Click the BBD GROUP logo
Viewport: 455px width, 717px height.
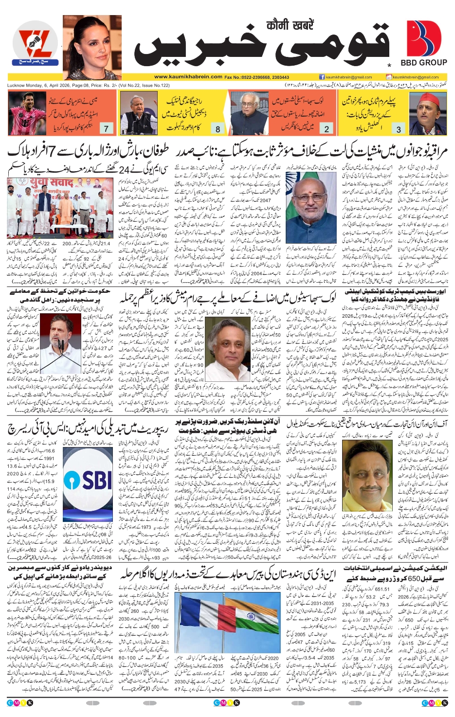coord(423,44)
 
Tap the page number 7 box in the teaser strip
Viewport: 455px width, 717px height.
coord(106,128)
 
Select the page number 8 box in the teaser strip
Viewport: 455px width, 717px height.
coord(218,128)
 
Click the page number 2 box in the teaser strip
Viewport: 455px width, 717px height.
coord(327,128)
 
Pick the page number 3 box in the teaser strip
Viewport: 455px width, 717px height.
coord(399,128)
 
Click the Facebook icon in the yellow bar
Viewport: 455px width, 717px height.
coord(322,77)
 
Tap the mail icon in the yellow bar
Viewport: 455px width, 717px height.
coord(389,77)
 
